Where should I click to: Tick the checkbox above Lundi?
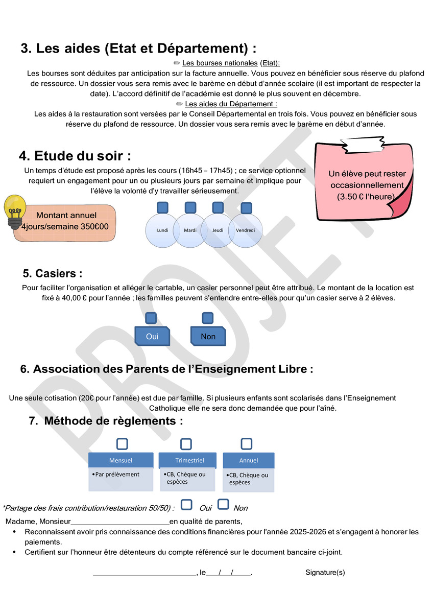pyautogui.click(x=162, y=207)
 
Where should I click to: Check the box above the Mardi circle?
pyautogui.click(x=190, y=207)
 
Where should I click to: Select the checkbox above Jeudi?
pyautogui.click(x=218, y=207)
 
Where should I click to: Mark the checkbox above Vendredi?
pyautogui.click(x=246, y=208)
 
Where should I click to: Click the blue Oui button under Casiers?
pyautogui.click(x=152, y=336)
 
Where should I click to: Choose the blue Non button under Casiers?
pyautogui.click(x=208, y=336)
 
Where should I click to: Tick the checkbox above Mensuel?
pyautogui.click(x=122, y=444)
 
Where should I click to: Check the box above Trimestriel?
pyautogui.click(x=186, y=444)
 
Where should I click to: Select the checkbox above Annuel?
pyautogui.click(x=247, y=443)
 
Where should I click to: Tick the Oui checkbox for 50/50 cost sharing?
pyautogui.click(x=187, y=505)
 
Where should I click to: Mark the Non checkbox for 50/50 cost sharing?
pyautogui.click(x=223, y=505)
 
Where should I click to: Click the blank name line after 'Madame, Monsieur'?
pyautogui.click(x=119, y=522)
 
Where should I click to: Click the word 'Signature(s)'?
pyautogui.click(x=325, y=573)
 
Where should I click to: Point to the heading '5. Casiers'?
pyautogui.click(x=53, y=274)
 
